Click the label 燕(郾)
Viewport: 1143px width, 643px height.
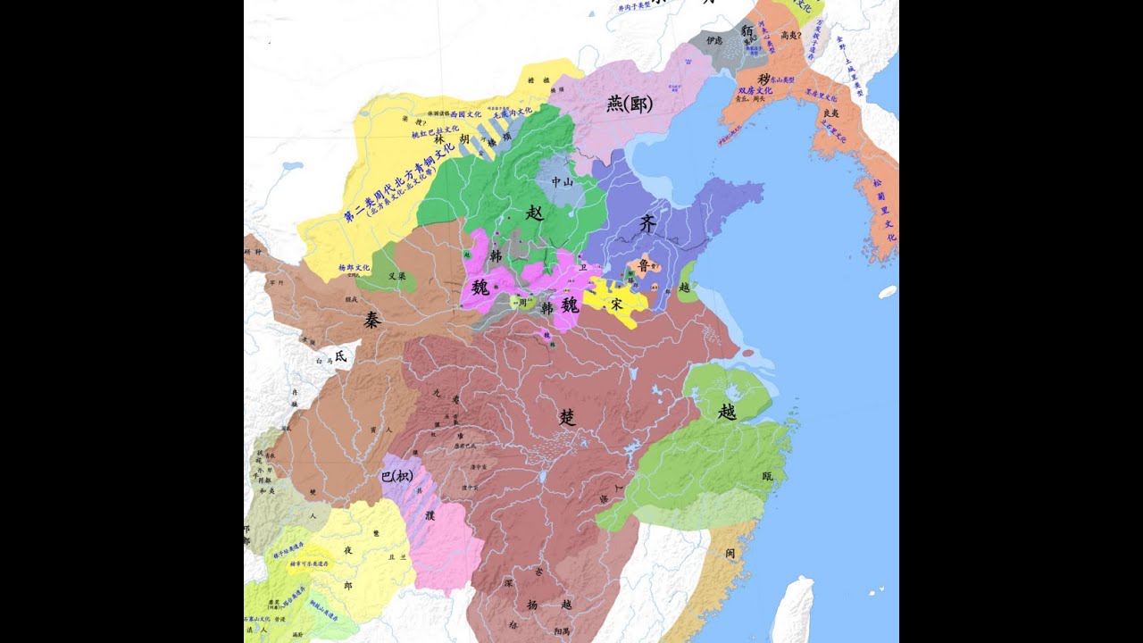[630, 104]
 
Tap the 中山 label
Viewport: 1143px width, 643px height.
[563, 181]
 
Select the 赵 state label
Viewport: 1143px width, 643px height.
[535, 213]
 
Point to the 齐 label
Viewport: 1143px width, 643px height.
[647, 224]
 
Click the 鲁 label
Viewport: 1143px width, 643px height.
[643, 265]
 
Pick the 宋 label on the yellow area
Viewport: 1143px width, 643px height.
[616, 305]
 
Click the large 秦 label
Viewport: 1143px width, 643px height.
[371, 321]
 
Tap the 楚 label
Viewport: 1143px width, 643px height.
[567, 416]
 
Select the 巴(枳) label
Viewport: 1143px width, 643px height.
[396, 476]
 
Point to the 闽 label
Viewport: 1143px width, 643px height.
[730, 554]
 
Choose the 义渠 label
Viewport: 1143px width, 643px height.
[397, 277]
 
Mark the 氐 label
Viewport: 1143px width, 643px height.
[341, 355]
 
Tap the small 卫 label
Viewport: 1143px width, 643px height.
[584, 266]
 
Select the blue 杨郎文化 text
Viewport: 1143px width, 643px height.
[355, 268]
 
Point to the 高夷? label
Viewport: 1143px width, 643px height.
[789, 36]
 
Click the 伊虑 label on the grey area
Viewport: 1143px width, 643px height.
[713, 41]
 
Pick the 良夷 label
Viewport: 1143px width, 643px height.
[831, 113]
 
